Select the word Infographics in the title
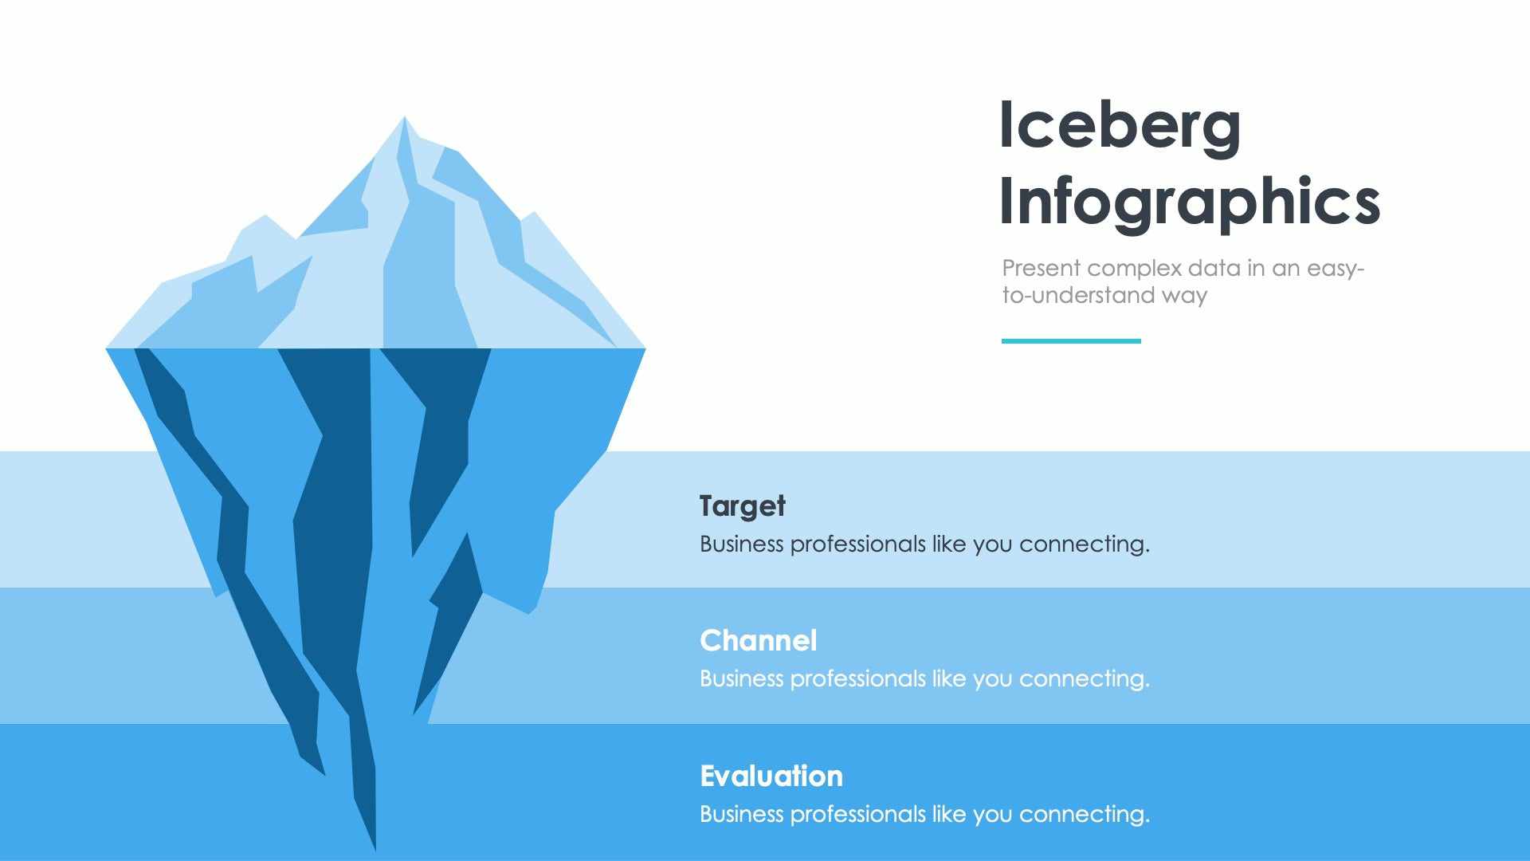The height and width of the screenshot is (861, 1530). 1189,202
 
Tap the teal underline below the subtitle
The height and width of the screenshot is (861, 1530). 1070,341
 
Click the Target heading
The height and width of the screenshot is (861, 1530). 742,506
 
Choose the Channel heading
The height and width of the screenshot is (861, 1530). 758,641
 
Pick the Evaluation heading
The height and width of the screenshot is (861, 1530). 771,776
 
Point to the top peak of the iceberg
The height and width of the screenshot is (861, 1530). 404,120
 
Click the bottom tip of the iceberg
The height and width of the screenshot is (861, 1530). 375,847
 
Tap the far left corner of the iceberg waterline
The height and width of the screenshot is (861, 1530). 108,348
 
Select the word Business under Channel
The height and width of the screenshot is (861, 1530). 741,679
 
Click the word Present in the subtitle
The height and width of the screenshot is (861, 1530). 1041,269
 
